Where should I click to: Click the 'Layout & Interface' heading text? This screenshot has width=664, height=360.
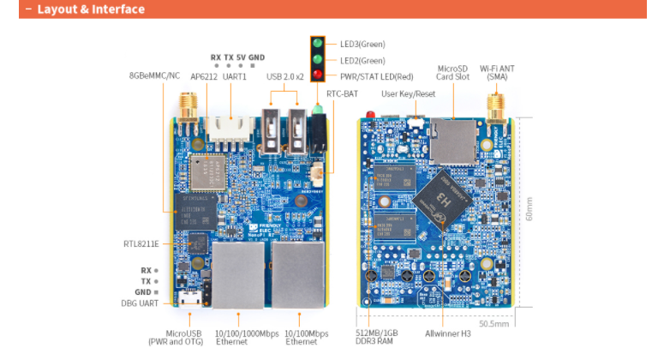(90, 9)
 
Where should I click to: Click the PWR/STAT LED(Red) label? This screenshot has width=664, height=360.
(370, 75)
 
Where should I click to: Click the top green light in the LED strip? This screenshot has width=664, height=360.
(318, 44)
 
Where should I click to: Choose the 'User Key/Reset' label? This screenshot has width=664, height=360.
(408, 92)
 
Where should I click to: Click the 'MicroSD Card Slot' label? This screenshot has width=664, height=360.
(453, 72)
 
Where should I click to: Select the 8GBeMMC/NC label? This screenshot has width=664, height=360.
(155, 75)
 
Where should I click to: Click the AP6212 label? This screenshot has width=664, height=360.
(203, 75)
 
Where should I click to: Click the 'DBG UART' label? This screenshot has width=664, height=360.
(141, 303)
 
